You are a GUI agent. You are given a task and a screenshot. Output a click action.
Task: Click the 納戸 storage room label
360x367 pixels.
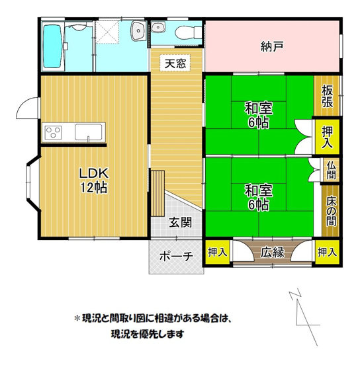272,46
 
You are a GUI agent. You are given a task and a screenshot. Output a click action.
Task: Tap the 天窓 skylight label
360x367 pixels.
175,63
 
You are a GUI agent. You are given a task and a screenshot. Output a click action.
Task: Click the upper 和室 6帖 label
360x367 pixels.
258,114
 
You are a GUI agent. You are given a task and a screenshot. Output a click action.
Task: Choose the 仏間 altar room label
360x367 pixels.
330,171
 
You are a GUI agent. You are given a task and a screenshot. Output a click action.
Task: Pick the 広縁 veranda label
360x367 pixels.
272,252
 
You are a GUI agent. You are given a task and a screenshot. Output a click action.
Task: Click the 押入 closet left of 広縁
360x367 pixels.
217,252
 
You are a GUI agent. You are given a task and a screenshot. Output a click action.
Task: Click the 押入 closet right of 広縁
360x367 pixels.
327,252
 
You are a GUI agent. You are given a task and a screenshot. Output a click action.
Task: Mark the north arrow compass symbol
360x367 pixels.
304,314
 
